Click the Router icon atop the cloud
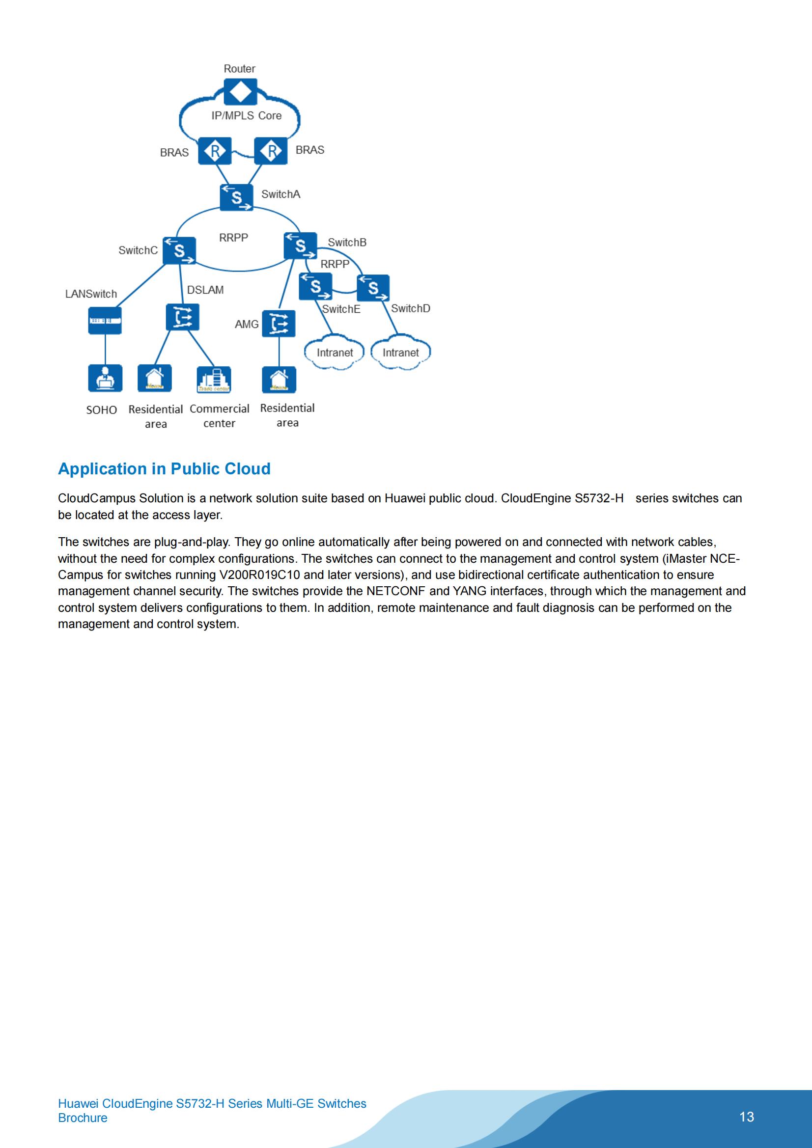coord(241,91)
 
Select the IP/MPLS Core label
coord(246,115)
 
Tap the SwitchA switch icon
coord(237,197)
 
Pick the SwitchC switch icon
coord(179,250)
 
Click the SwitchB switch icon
coord(300,246)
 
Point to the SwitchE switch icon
coord(315,287)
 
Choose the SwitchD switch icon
coord(373,288)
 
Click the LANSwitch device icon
coord(105,321)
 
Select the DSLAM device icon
coord(183,317)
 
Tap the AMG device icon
coord(279,324)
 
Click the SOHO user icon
coord(105,378)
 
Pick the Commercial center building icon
coord(214,379)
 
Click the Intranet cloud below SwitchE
coord(334,353)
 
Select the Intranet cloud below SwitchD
coord(400,353)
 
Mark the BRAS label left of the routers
coord(174,153)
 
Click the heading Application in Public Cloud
coord(164,469)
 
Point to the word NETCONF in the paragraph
coord(395,591)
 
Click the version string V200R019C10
coord(260,574)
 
